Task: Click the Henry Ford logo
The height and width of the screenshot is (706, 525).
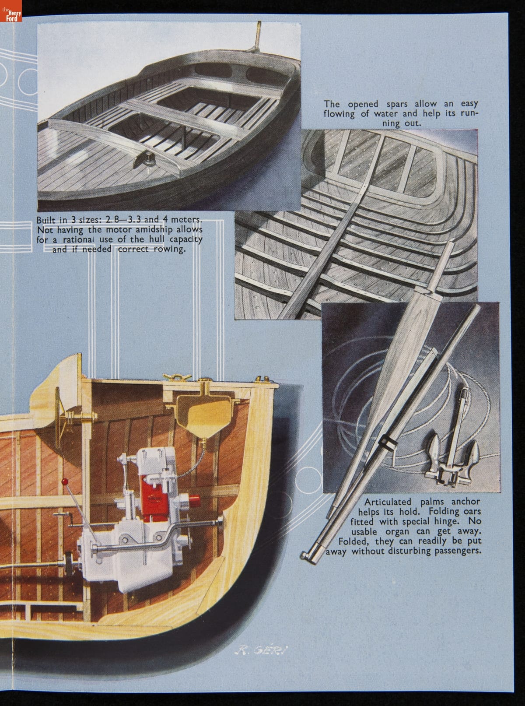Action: point(10,11)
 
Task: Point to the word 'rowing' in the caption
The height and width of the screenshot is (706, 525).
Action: point(164,250)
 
